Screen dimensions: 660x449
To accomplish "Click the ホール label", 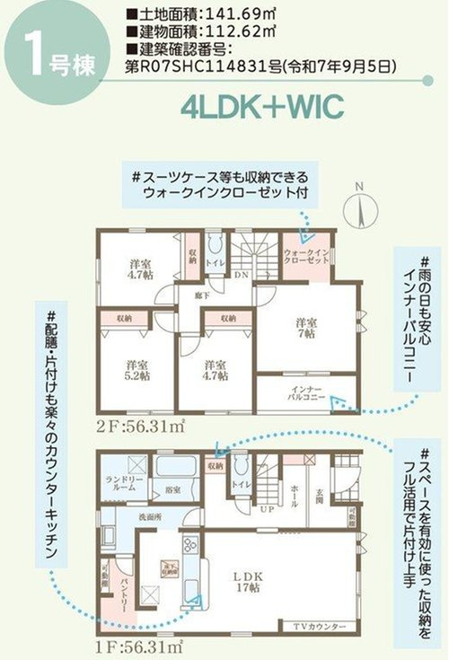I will (295, 492).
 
